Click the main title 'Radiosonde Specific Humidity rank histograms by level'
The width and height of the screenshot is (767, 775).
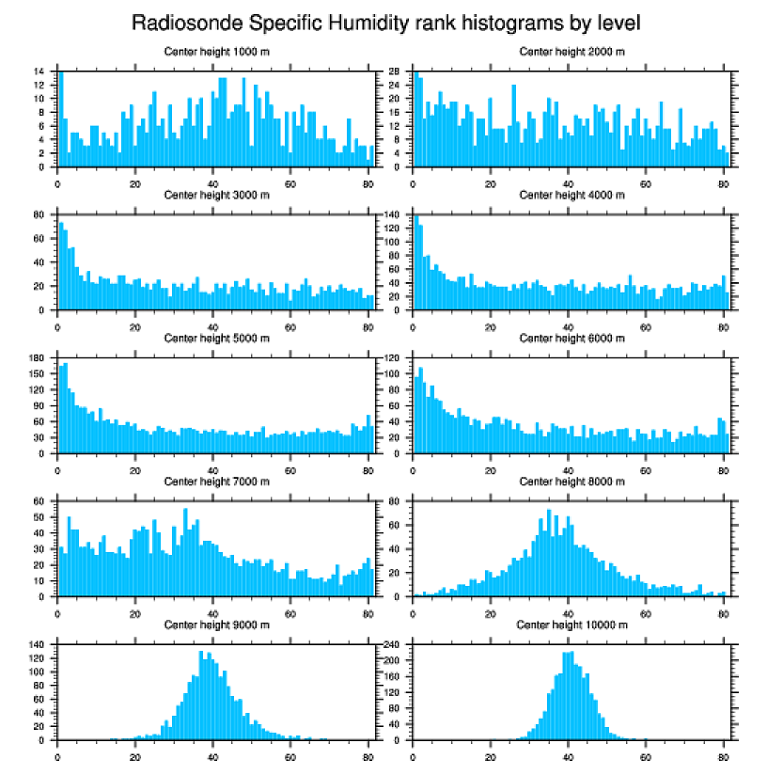tap(385, 22)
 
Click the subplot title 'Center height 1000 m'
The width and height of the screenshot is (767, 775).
tap(217, 51)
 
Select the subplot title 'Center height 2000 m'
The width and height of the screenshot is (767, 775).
tap(572, 51)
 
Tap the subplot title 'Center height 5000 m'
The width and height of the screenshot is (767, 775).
tap(217, 338)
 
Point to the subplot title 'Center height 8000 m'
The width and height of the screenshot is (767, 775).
tap(572, 482)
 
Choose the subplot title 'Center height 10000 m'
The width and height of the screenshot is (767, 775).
tap(572, 625)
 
